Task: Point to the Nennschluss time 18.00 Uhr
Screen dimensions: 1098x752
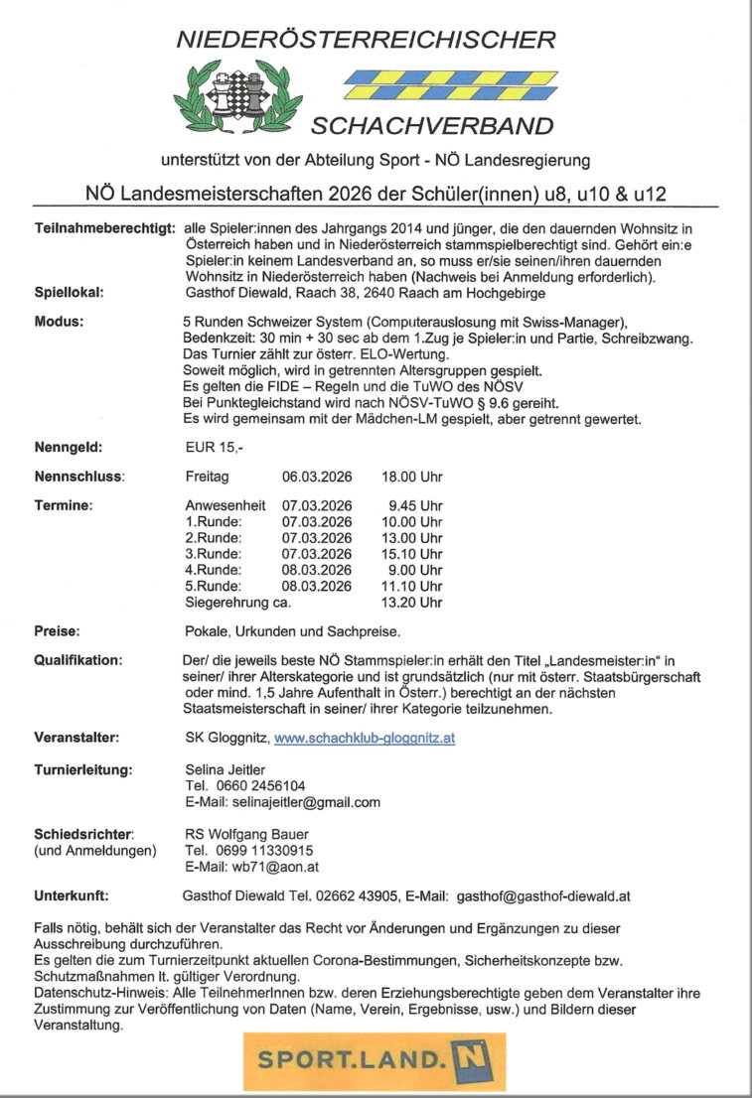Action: pos(412,477)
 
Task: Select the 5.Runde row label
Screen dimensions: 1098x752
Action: pos(213,586)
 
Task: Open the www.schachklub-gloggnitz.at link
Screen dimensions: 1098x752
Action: pos(365,739)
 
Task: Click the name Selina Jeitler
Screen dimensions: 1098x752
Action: pos(227,769)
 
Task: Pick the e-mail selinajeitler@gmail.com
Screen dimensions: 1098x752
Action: pos(283,802)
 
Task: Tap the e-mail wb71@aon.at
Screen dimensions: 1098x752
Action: pos(252,866)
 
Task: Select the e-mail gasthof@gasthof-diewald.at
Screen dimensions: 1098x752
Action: pos(543,895)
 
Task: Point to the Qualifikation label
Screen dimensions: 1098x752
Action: pos(76,660)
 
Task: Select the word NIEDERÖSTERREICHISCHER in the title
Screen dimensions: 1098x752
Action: pos(366,41)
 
